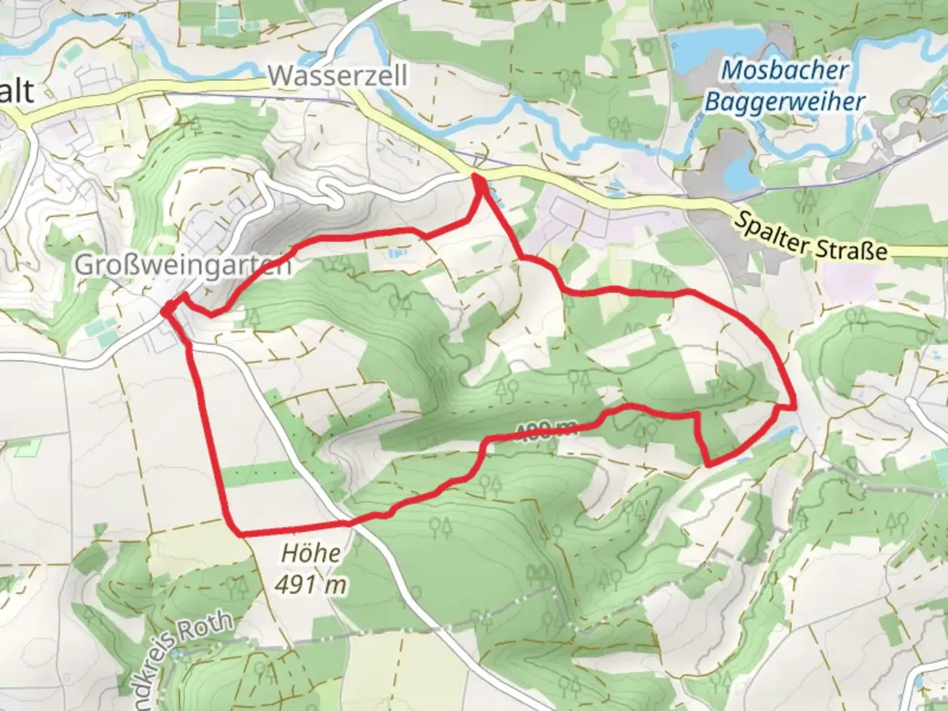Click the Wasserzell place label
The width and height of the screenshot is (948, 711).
pos(338,76)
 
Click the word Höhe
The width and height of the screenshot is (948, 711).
pos(311,553)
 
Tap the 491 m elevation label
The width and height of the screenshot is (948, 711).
pos(311,583)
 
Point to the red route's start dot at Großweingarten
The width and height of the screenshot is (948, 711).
pos(168,307)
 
